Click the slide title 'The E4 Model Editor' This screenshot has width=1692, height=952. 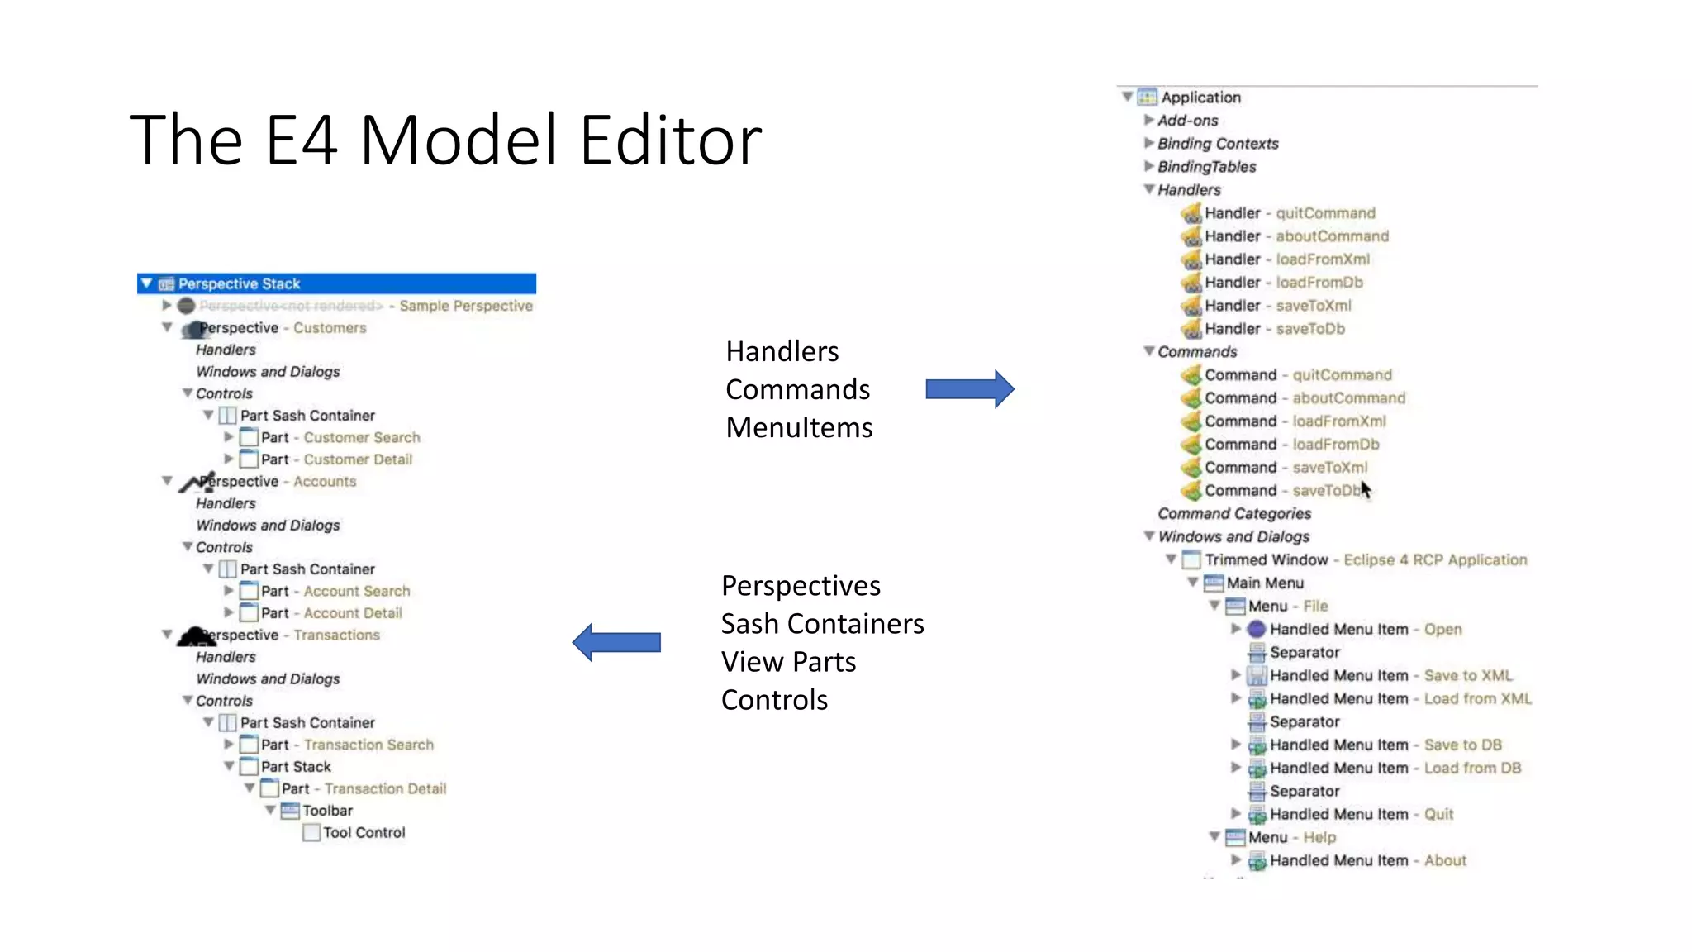(x=445, y=140)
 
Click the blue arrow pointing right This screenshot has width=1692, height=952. (x=969, y=389)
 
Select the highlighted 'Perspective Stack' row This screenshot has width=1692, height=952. (x=335, y=283)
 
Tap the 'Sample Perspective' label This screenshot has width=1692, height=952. (x=465, y=306)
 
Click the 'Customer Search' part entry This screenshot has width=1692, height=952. (x=340, y=437)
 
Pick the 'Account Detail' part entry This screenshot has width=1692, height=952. (x=331, y=613)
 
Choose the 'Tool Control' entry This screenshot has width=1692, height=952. (x=364, y=833)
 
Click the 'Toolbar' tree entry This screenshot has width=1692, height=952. (x=327, y=811)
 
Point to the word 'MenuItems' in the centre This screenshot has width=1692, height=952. (x=799, y=428)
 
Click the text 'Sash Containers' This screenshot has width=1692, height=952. (x=822, y=624)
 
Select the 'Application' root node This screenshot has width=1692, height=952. (x=1200, y=98)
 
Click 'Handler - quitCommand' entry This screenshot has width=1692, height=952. (x=1289, y=213)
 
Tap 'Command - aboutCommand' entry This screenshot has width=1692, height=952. (x=1304, y=398)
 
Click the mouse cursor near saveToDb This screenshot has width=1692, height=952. (x=1365, y=489)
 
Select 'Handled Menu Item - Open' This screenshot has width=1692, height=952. (x=1365, y=630)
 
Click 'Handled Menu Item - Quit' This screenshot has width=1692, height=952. (x=1361, y=815)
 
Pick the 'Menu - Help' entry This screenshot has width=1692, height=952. (x=1291, y=838)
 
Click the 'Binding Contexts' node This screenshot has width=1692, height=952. (x=1217, y=144)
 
